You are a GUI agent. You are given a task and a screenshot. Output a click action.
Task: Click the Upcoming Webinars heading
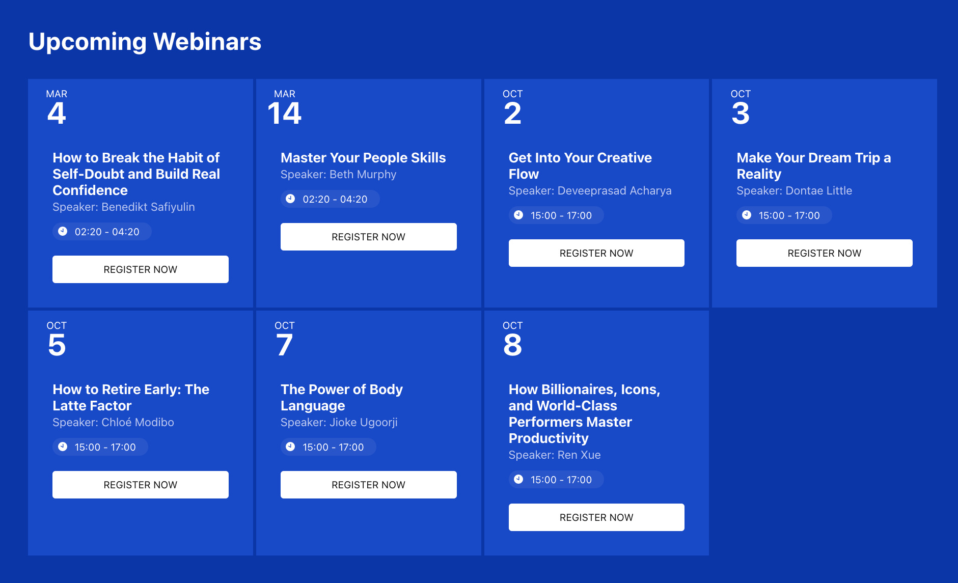(x=145, y=42)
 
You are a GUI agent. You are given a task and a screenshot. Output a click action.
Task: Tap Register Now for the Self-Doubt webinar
(x=140, y=269)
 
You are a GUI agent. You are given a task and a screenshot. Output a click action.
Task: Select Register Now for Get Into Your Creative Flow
(x=596, y=253)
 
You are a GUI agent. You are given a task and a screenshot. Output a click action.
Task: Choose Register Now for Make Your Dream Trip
(x=824, y=253)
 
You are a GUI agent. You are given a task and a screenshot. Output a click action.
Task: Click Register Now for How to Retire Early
(x=140, y=485)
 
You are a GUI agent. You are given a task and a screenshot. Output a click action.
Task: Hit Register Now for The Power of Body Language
(x=368, y=485)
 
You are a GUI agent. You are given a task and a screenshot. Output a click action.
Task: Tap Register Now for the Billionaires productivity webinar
(x=596, y=517)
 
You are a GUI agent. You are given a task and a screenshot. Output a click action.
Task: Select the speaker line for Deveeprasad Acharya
(x=590, y=191)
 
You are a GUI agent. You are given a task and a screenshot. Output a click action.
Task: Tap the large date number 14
(x=285, y=113)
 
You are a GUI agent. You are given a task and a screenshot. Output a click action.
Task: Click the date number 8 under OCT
(x=512, y=345)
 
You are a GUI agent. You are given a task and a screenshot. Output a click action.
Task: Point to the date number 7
(x=285, y=345)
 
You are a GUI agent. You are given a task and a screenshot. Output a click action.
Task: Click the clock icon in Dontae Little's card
(x=747, y=215)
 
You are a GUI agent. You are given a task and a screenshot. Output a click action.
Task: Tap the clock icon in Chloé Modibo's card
(x=63, y=447)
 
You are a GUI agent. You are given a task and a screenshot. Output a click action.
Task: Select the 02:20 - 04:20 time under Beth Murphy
(x=335, y=199)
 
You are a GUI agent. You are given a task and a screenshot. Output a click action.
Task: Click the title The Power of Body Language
(x=341, y=397)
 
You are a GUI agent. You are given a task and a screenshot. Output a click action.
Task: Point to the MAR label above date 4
(x=57, y=94)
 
